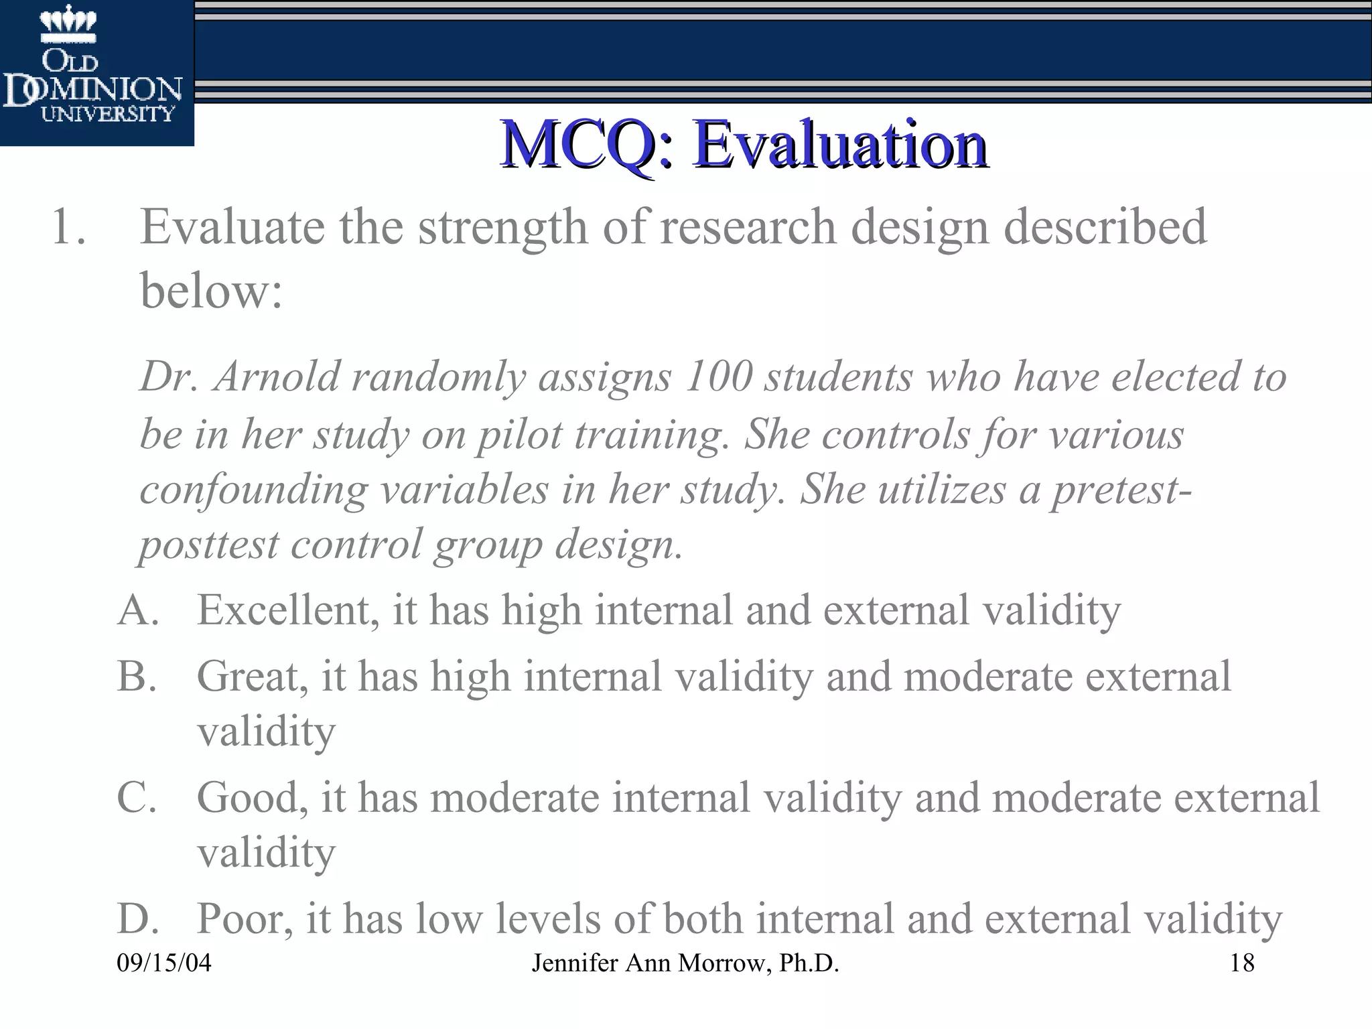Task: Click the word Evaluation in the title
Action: point(840,144)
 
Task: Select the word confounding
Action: point(253,490)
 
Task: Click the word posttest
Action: point(208,544)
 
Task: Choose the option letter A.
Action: point(138,610)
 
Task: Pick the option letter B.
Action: point(137,676)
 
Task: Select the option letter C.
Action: point(137,797)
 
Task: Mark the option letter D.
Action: point(138,918)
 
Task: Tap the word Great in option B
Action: point(252,676)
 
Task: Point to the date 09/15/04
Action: point(164,963)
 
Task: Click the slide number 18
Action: point(1242,963)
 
